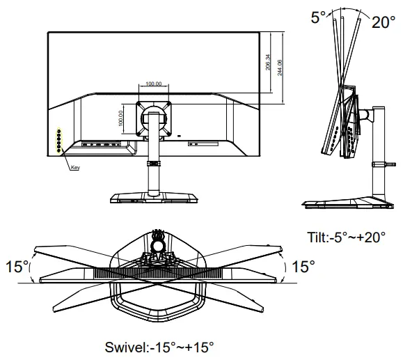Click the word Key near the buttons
pyautogui.click(x=75, y=168)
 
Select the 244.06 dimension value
pyautogui.click(x=280, y=67)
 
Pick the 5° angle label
pyautogui.click(x=318, y=17)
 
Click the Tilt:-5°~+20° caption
pyautogui.click(x=346, y=237)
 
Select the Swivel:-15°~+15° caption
pyautogui.click(x=159, y=346)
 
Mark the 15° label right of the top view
pyautogui.click(x=303, y=267)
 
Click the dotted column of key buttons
pyautogui.click(x=59, y=141)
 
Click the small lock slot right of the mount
pyautogui.click(x=179, y=135)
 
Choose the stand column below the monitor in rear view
pyautogui.click(x=152, y=174)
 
